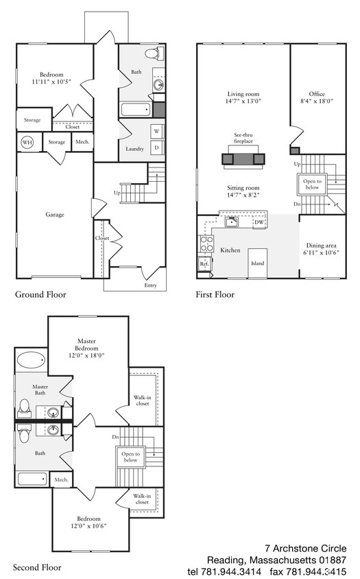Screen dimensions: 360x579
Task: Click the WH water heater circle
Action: (x=27, y=142)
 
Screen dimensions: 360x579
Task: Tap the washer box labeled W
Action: (x=156, y=132)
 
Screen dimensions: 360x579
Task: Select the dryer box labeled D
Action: (x=156, y=147)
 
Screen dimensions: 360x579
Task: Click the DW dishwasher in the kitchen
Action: (x=259, y=222)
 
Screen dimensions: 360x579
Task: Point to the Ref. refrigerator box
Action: (x=204, y=263)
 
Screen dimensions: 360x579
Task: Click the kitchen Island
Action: (x=257, y=263)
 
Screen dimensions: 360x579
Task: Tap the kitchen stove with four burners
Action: (x=206, y=244)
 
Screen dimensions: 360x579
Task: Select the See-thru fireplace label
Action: (x=243, y=138)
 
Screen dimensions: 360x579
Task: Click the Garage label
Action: (x=55, y=214)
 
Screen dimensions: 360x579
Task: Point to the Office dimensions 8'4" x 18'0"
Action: (x=317, y=101)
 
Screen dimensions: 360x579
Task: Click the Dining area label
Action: (x=321, y=245)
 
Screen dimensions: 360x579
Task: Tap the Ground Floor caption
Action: (x=40, y=294)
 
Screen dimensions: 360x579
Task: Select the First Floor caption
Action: (x=215, y=294)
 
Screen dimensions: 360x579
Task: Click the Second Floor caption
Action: (x=37, y=567)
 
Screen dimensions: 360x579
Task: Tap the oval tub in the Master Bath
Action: (x=32, y=359)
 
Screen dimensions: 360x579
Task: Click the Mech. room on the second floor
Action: (x=61, y=480)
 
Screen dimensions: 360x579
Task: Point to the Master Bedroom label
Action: (x=87, y=344)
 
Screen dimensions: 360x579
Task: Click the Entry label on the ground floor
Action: (x=150, y=285)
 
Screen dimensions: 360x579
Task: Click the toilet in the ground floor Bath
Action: (x=155, y=54)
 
